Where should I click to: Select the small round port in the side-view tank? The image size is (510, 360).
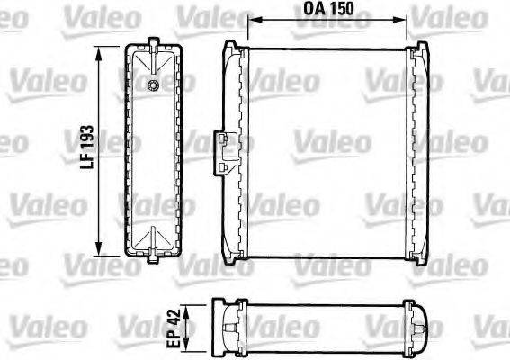[x=154, y=85]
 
